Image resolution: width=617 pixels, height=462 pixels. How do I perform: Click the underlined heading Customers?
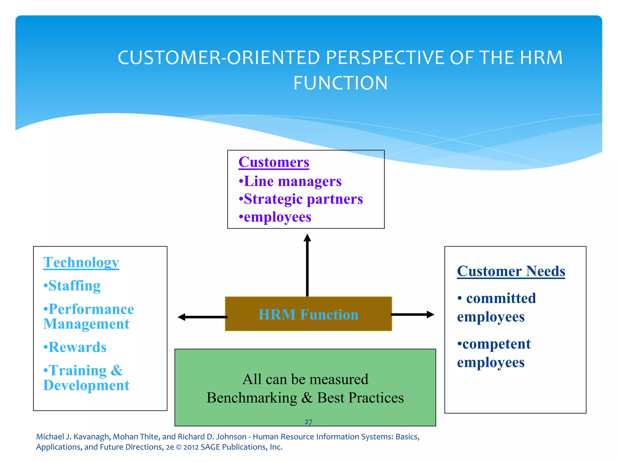(274, 162)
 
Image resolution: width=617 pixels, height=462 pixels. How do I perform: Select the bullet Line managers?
(290, 181)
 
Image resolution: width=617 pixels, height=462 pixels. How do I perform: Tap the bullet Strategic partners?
(301, 199)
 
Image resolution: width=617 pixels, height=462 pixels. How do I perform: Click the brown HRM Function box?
(308, 314)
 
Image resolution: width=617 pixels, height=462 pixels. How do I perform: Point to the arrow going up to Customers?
(307, 265)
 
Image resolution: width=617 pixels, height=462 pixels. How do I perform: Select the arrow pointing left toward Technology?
(202, 317)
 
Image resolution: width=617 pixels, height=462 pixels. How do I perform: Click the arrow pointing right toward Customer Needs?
(413, 314)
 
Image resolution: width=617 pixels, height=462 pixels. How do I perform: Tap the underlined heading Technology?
(81, 263)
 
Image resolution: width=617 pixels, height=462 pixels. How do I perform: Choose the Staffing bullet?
(72, 286)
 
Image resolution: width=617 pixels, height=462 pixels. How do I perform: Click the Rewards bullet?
(75, 347)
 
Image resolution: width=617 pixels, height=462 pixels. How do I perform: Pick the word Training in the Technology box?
(77, 371)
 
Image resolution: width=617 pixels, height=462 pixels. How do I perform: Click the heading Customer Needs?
(511, 271)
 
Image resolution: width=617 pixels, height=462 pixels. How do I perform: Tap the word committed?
(501, 298)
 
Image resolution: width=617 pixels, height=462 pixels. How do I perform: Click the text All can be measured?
(305, 379)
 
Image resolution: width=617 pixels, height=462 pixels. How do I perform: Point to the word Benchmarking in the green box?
(252, 398)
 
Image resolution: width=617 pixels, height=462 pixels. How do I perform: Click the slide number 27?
(308, 422)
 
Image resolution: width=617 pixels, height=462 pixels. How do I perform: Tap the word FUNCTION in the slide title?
(340, 83)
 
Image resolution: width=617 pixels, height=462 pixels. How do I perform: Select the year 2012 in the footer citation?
(191, 447)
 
